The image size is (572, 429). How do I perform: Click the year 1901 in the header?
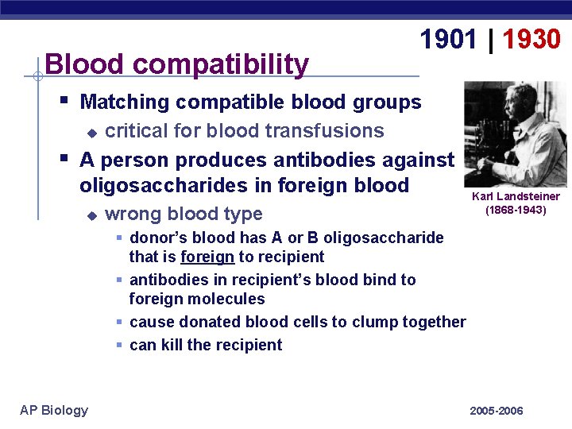(x=449, y=39)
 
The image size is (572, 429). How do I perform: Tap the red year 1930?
(x=531, y=39)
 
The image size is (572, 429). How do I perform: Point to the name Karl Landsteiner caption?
(x=516, y=196)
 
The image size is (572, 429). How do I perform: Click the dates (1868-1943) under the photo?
(x=516, y=211)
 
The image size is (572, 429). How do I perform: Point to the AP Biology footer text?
(x=54, y=410)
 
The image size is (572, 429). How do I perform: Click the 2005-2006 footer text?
(x=497, y=411)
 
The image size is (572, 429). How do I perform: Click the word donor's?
(x=157, y=238)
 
